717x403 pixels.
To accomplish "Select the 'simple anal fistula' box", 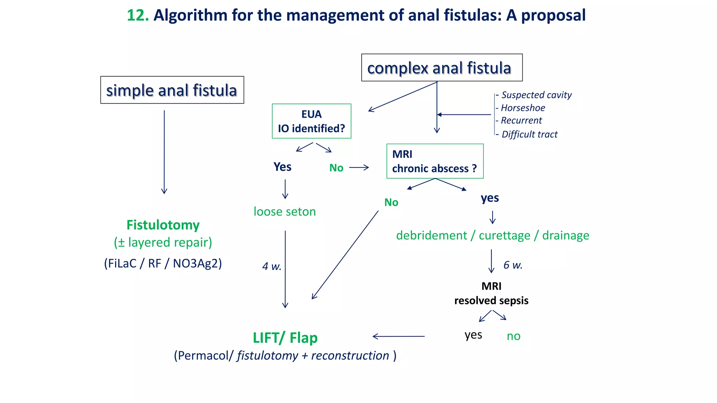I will click(x=172, y=90).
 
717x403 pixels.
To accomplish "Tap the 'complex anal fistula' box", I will click(x=441, y=68).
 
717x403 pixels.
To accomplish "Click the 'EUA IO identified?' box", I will click(x=311, y=121).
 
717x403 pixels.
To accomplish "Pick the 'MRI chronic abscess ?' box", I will click(x=434, y=161).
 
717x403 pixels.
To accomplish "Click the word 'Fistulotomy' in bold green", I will click(x=163, y=225).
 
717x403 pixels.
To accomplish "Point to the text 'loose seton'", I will click(x=285, y=212).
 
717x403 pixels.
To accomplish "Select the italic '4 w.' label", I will click(x=272, y=267).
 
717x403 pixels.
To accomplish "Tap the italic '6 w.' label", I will click(x=513, y=265).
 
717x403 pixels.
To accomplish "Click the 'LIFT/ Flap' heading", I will click(x=285, y=338).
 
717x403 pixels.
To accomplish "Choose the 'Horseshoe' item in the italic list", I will click(x=523, y=108).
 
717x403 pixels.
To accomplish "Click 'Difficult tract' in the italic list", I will click(x=529, y=134).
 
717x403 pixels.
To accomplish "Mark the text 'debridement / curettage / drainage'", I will click(x=492, y=235).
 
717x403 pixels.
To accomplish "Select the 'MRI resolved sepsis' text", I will click(x=491, y=294).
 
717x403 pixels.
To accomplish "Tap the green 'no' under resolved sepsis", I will click(x=513, y=336).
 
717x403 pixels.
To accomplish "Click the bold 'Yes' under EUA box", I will click(x=282, y=167).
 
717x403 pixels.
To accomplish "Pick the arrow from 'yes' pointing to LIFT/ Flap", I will click(x=398, y=337).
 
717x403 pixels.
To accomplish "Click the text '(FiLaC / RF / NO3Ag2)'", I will click(x=163, y=263).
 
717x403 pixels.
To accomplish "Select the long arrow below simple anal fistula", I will click(x=164, y=152).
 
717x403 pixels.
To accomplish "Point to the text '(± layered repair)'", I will click(x=163, y=242).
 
